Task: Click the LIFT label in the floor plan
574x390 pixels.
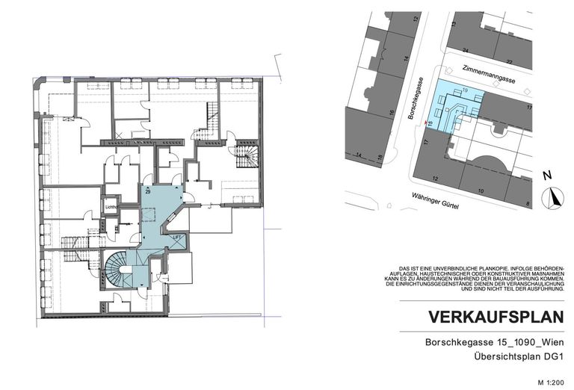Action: (177, 238)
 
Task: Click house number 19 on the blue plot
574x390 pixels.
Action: (465, 91)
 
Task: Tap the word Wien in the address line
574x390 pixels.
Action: (550, 343)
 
